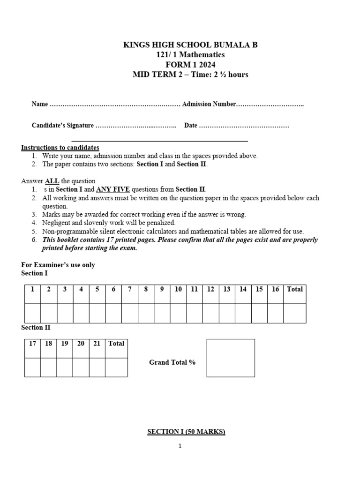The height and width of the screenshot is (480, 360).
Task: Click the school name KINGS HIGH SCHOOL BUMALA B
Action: [x=190, y=45]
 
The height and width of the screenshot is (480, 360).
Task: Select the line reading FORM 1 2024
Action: [x=190, y=65]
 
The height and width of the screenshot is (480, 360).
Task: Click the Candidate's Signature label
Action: [x=63, y=126]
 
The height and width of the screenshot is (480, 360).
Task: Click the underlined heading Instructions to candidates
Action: [x=60, y=148]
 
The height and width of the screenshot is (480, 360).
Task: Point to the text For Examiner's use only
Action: [x=58, y=265]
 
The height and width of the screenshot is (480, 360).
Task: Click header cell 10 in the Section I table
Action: [x=178, y=289]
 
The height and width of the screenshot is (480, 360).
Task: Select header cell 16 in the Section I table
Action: [x=275, y=289]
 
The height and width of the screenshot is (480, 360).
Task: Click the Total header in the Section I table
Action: [x=295, y=289]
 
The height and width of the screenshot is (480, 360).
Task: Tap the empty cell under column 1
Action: [x=32, y=313]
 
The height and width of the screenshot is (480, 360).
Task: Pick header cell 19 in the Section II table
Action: [x=65, y=344]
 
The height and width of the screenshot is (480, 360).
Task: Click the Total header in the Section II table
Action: [x=116, y=344]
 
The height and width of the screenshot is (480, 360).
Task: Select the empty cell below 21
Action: [x=97, y=367]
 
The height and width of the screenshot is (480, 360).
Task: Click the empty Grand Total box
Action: [x=231, y=358]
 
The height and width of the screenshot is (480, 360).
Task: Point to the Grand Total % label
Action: [x=172, y=362]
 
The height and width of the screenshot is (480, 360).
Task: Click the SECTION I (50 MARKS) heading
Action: [x=186, y=432]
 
